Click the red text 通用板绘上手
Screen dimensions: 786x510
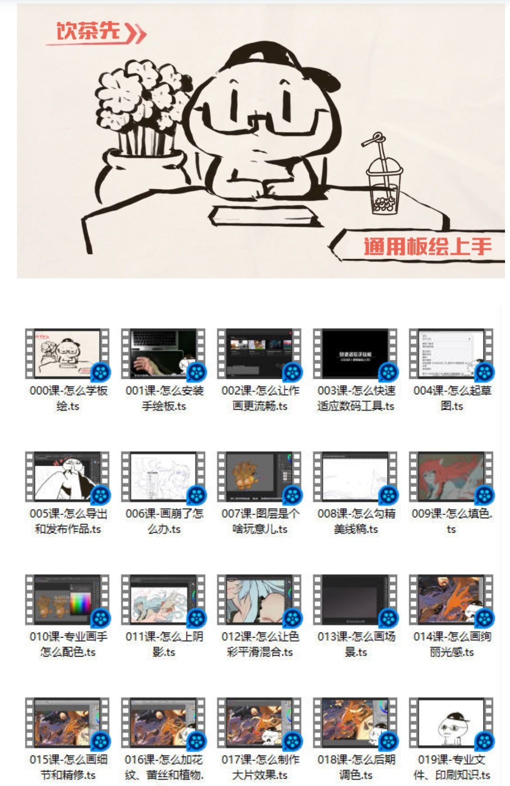click(x=427, y=246)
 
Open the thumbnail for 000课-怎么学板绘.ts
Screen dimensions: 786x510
click(x=67, y=353)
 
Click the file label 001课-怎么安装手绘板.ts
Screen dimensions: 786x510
click(x=163, y=398)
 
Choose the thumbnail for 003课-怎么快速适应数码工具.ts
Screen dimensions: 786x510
click(x=355, y=353)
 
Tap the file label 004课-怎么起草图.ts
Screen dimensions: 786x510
click(x=452, y=398)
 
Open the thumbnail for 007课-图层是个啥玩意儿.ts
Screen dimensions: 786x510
click(x=259, y=476)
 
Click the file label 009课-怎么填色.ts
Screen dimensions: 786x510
click(x=452, y=521)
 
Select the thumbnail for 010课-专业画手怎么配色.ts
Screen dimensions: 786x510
click(x=67, y=599)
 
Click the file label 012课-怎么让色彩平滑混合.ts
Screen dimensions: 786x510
click(x=259, y=644)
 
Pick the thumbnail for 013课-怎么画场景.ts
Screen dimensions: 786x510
click(x=355, y=599)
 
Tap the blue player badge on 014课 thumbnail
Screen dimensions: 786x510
click(x=484, y=618)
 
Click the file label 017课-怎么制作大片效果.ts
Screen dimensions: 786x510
click(x=259, y=767)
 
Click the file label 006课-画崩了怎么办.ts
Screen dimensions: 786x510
click(x=163, y=521)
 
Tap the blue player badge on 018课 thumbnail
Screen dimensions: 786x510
click(x=388, y=741)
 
